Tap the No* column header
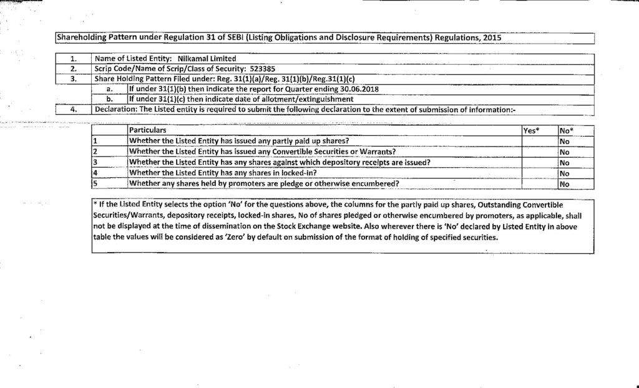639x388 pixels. pyautogui.click(x=566, y=130)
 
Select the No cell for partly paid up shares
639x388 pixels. pyautogui.click(x=564, y=141)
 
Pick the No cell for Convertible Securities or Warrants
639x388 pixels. pyautogui.click(x=564, y=152)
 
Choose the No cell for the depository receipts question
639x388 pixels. pyautogui.click(x=564, y=162)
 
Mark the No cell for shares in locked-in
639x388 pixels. pyautogui.click(x=564, y=173)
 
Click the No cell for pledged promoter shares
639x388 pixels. pyautogui.click(x=564, y=183)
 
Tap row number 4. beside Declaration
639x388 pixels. pyautogui.click(x=73, y=109)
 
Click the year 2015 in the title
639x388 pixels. pyautogui.click(x=491, y=37)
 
